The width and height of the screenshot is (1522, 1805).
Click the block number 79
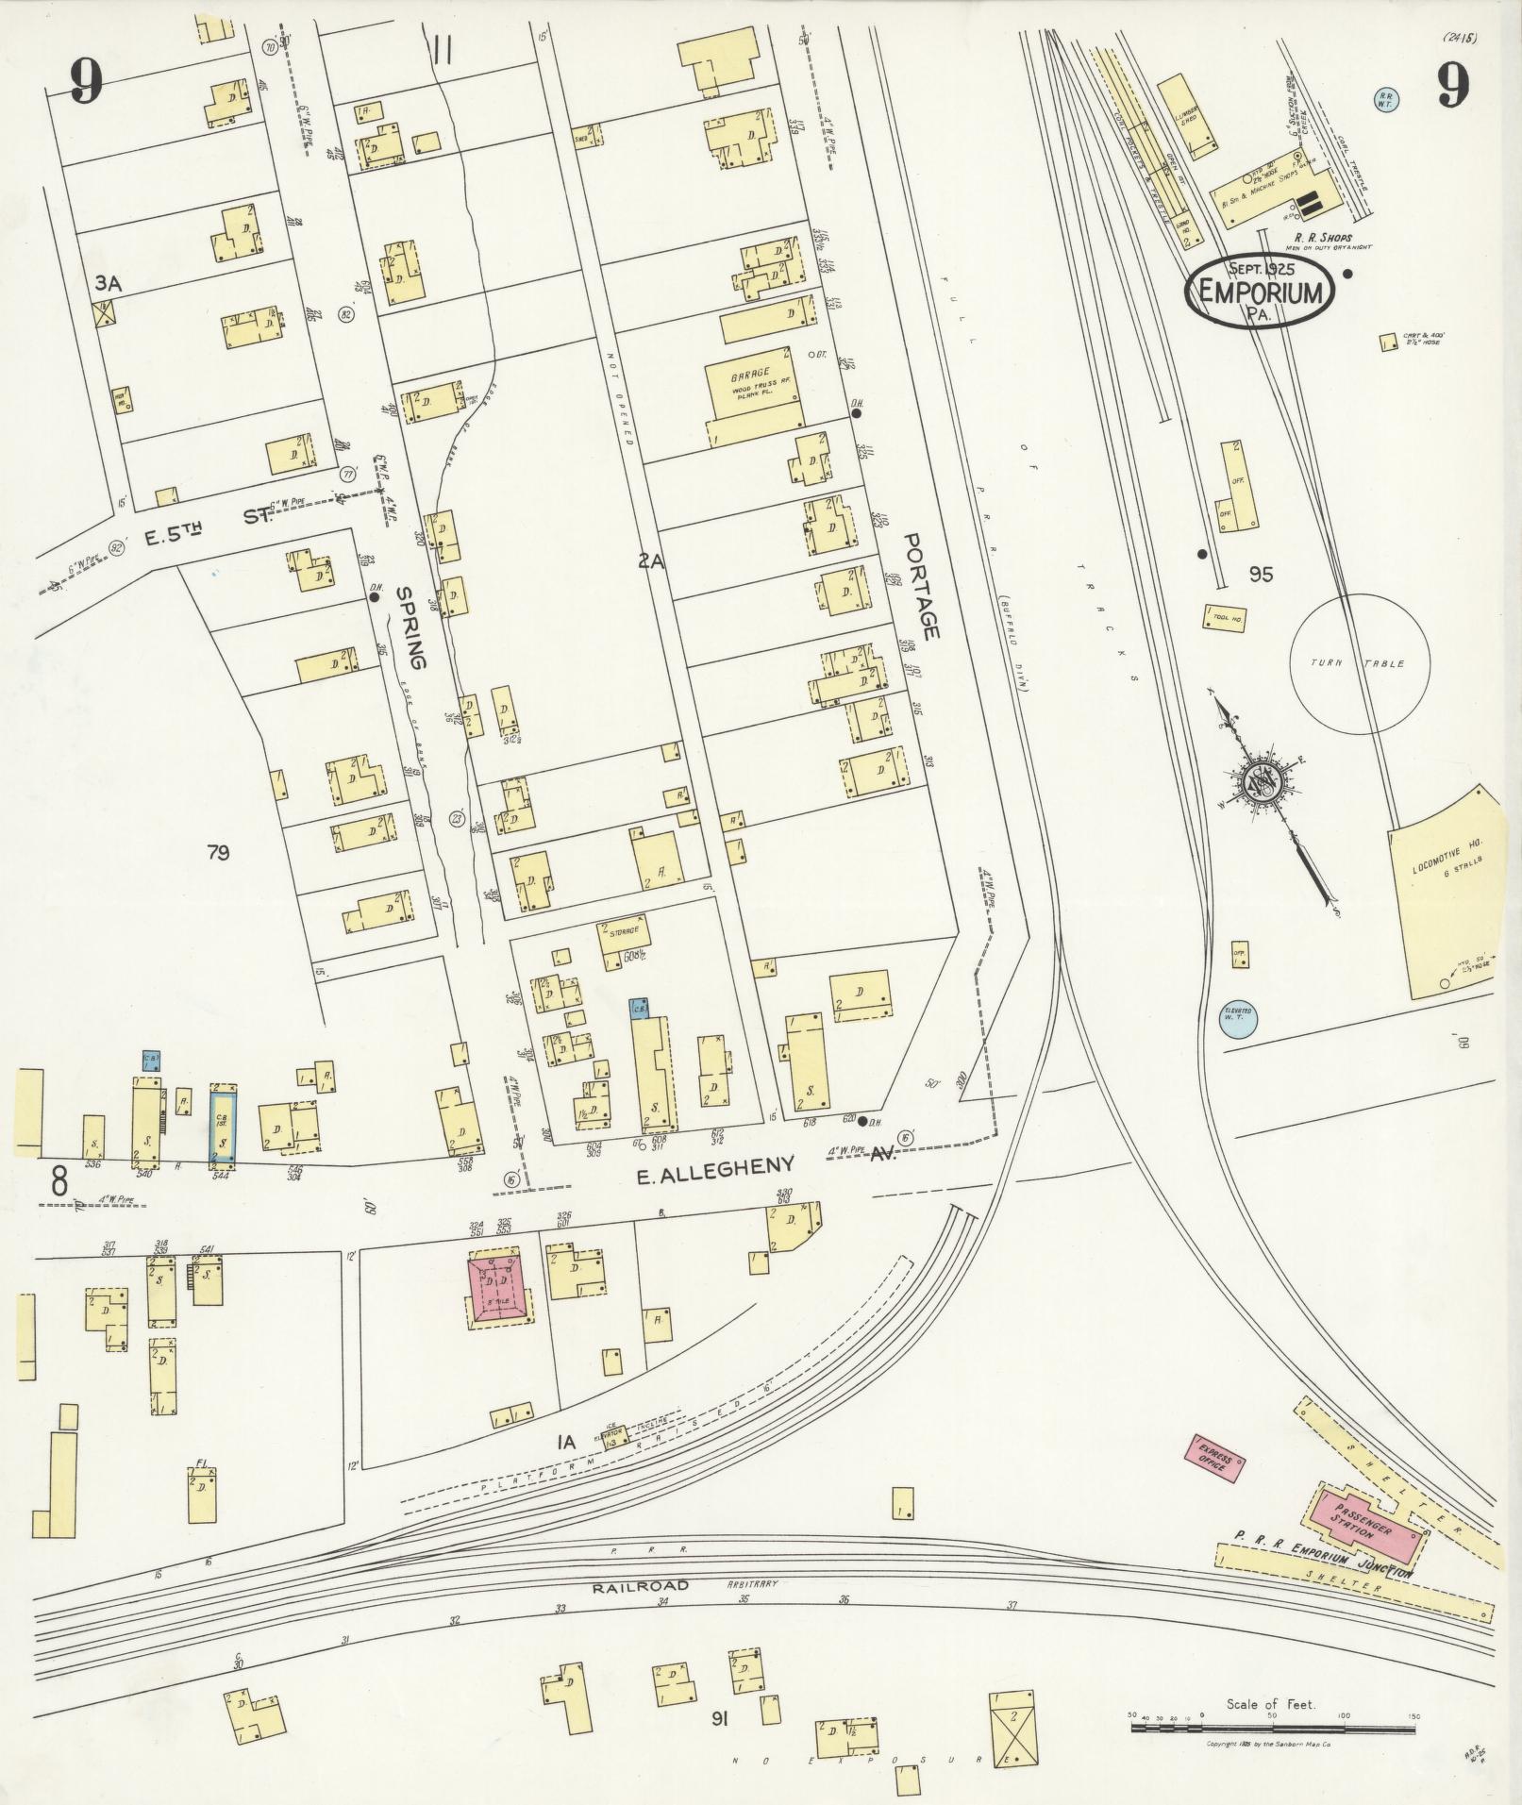217,853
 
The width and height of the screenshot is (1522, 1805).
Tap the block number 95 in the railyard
1261,574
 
